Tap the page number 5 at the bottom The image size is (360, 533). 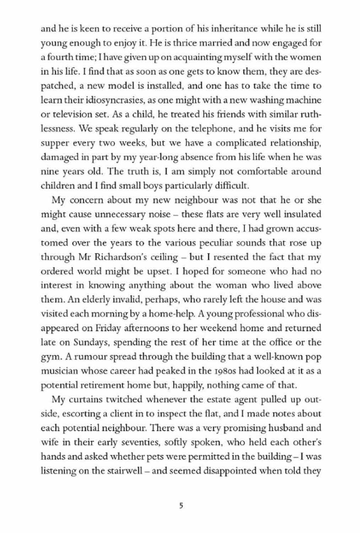181,506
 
